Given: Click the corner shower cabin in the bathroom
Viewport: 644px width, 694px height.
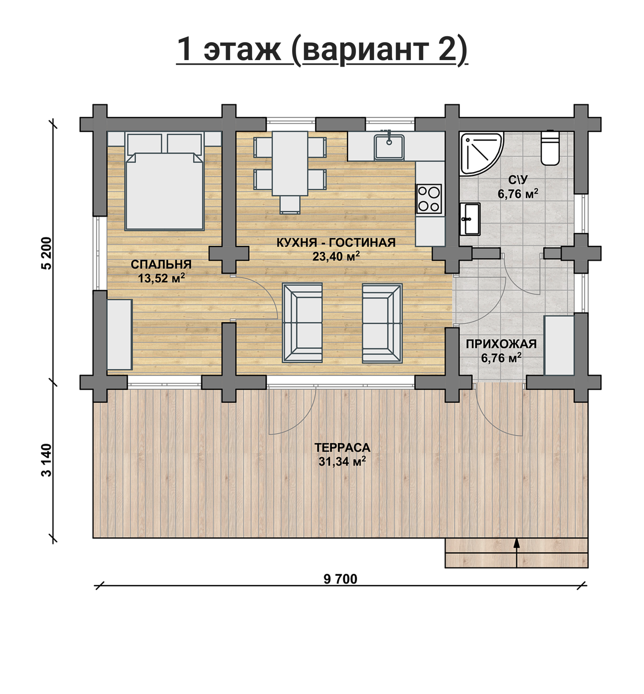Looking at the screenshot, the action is coord(481,153).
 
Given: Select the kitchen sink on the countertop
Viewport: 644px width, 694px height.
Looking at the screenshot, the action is coord(389,147).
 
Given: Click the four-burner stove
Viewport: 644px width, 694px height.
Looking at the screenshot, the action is coord(429,198).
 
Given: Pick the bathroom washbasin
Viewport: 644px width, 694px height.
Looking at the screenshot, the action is coord(470,219).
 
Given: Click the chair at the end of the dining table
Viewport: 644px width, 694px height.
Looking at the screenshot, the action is coord(290,204).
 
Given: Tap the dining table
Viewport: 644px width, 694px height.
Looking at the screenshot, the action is coord(290,163).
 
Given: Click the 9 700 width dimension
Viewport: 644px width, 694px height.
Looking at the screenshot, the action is coord(340,579).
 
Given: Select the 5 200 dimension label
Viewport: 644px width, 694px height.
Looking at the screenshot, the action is coord(47,253).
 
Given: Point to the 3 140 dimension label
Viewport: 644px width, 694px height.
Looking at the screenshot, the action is coord(47,460).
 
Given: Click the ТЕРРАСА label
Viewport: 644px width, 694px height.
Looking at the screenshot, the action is coord(342,448).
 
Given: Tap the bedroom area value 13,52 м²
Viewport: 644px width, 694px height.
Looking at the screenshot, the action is coord(161,278).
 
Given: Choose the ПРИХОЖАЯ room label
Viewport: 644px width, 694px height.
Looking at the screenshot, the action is coord(501,344).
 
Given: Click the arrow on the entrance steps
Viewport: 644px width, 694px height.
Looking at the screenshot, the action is coord(517,553).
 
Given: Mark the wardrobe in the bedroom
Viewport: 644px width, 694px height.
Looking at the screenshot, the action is coord(120,335).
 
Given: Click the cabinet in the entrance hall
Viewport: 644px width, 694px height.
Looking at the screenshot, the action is coord(559,345).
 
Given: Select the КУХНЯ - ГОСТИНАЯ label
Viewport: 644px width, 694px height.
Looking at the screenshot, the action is coord(336,243).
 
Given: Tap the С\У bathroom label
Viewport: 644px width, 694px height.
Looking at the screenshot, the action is coord(518,180).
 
